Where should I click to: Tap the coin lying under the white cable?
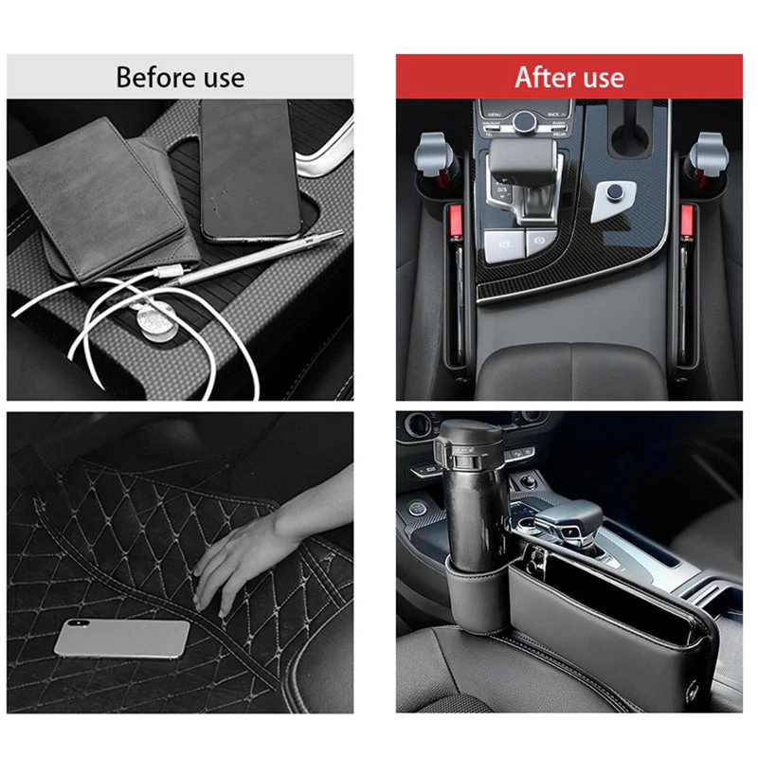[151, 321]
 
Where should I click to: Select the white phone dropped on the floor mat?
[120, 639]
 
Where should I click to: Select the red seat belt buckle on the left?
[453, 225]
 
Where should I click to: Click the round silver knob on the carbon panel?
[615, 195]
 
